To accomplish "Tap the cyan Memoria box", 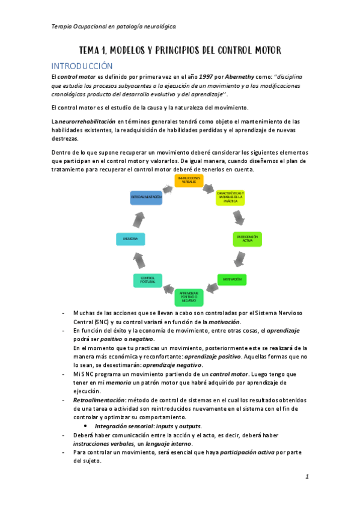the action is point(131,239).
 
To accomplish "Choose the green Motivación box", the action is point(231,280).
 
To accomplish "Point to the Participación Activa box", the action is point(247,238).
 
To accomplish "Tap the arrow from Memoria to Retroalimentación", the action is point(136,218).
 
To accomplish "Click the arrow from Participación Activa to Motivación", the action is point(240,259).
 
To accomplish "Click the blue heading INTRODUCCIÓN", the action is point(82,66).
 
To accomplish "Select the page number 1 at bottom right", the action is point(307,477).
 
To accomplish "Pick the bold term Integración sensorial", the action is point(121,426).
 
